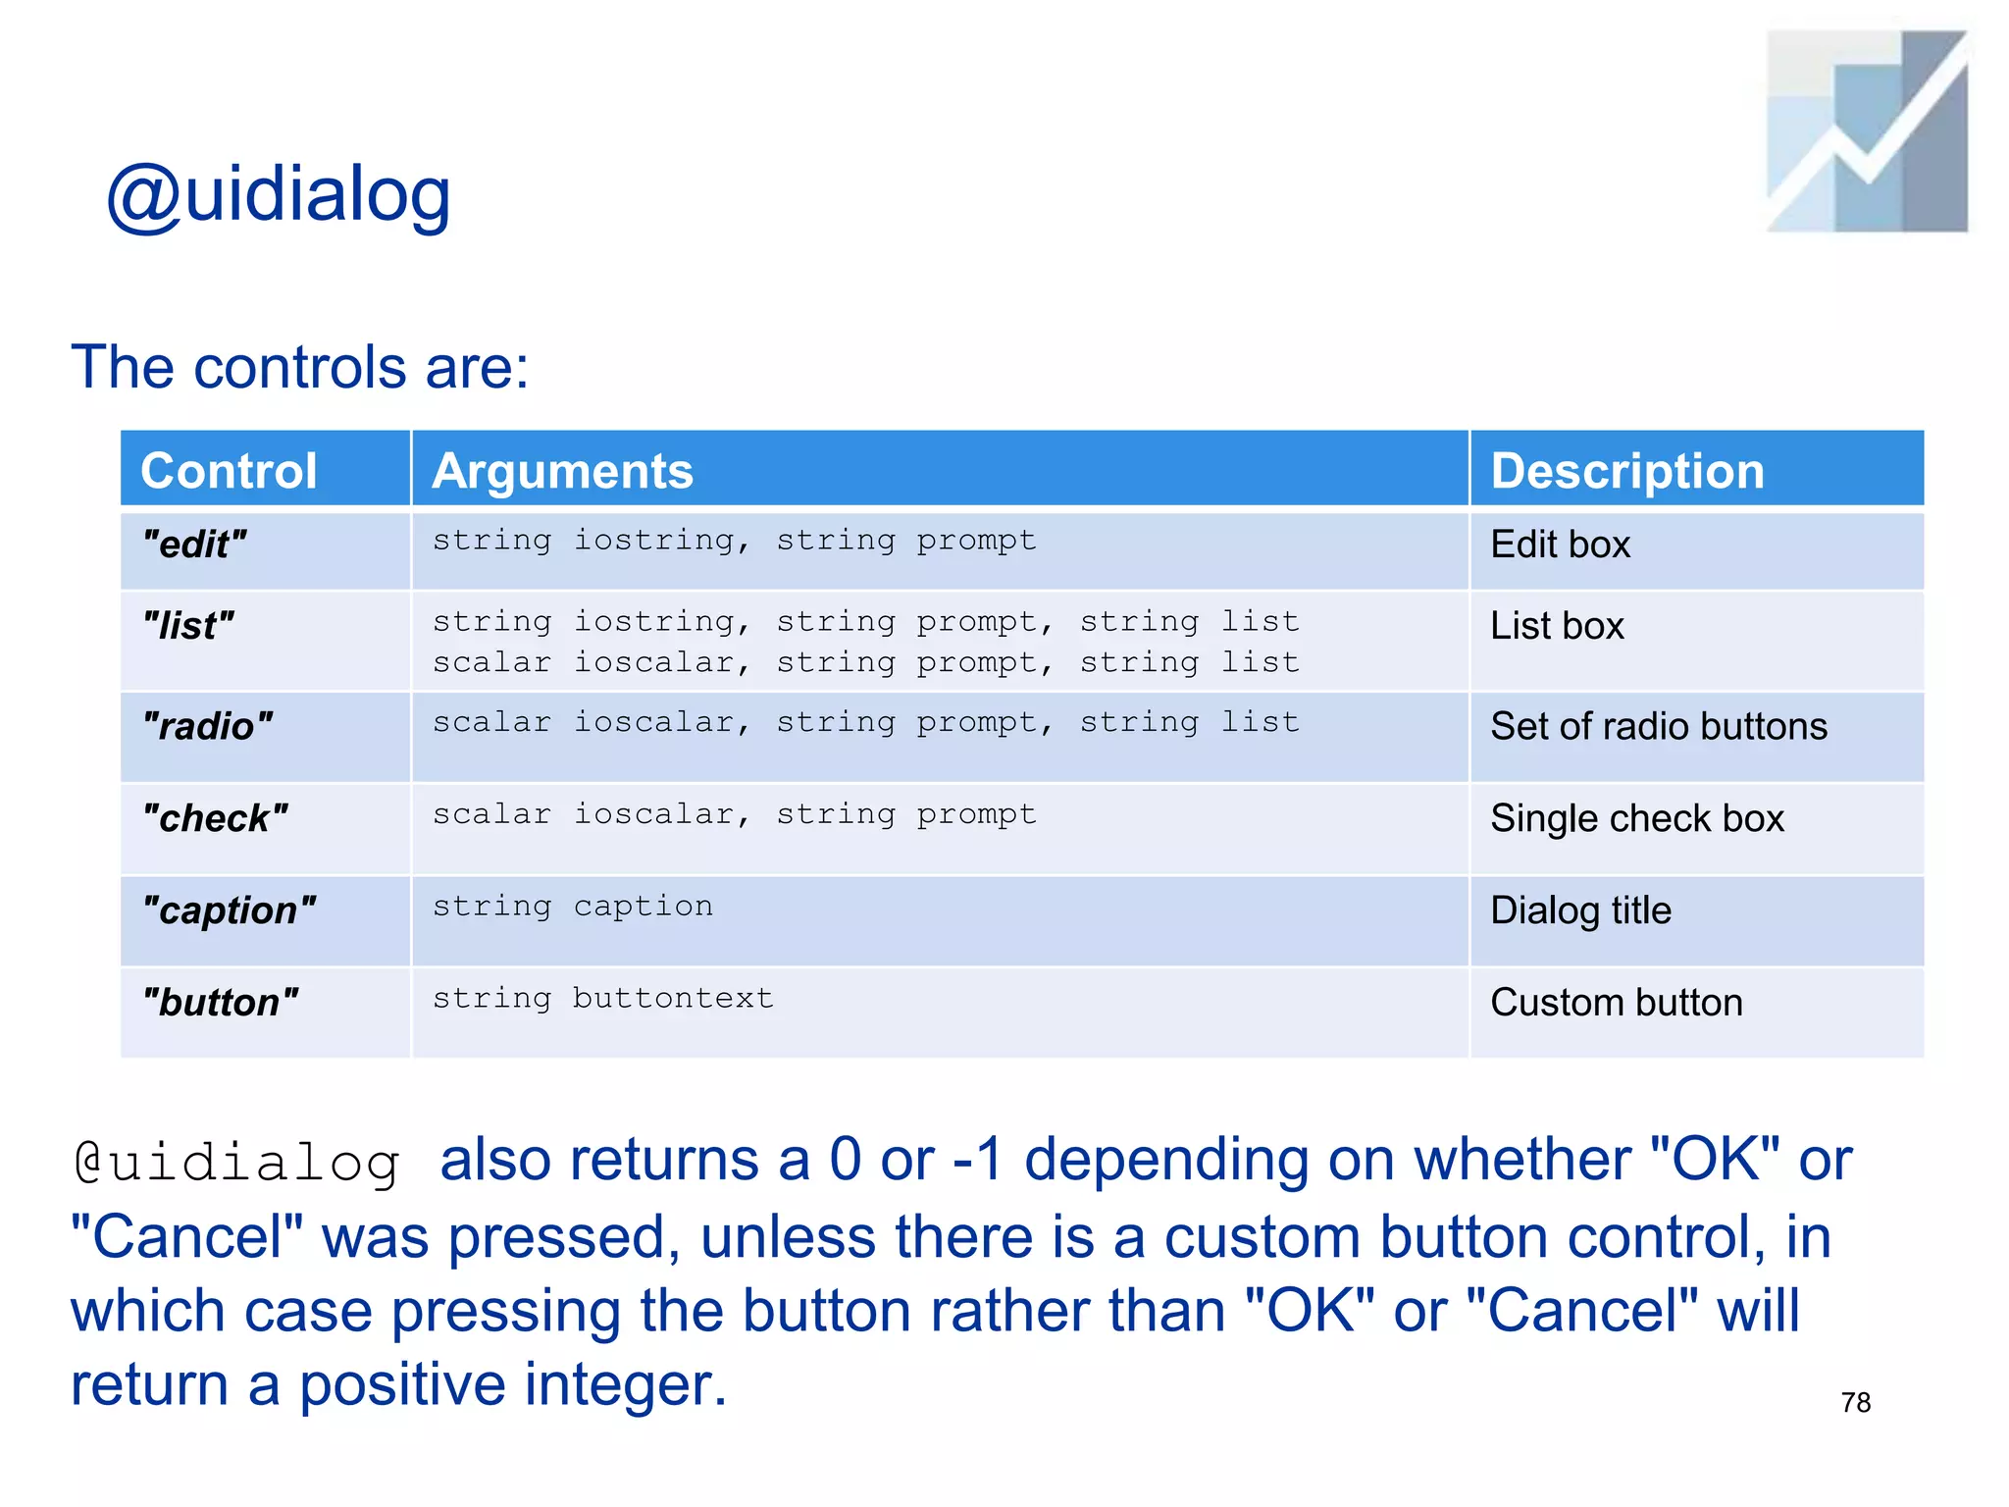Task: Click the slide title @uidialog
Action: (x=279, y=195)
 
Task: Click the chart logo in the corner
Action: (x=1866, y=131)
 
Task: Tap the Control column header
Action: (x=229, y=470)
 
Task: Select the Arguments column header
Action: (x=562, y=470)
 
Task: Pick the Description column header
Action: (x=1626, y=470)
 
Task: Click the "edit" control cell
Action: (x=194, y=545)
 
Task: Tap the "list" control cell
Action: (x=188, y=626)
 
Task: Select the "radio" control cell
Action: (x=207, y=727)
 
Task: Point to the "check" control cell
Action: (x=215, y=818)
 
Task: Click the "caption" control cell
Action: (x=229, y=910)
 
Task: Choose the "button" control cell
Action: (x=220, y=1003)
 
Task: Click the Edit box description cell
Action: (x=1560, y=545)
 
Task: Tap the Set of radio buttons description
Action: (x=1658, y=727)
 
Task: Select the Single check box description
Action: (x=1636, y=818)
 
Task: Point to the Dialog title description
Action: (x=1580, y=910)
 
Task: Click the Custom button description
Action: (x=1616, y=1003)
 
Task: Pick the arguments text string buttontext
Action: (x=602, y=999)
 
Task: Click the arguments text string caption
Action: (x=573, y=907)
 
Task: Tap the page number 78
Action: (x=1855, y=1403)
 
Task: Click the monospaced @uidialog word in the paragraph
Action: (x=237, y=1164)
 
